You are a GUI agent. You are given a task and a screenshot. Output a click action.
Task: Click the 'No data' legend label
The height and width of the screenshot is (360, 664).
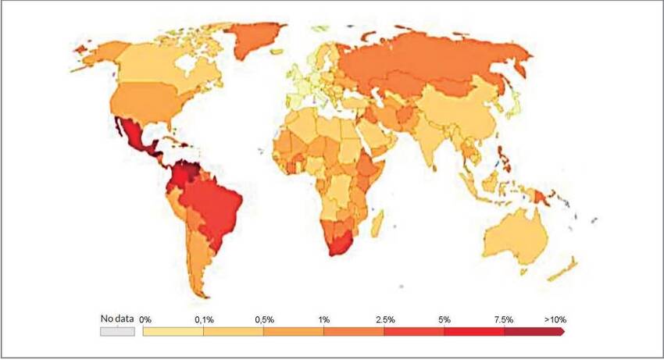(x=117, y=319)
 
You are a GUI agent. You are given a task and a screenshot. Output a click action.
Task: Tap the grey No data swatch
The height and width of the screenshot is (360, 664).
(x=117, y=332)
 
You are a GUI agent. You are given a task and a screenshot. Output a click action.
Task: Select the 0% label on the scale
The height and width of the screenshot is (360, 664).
(x=145, y=319)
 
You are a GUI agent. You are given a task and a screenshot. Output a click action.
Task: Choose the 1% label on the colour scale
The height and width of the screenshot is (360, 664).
(x=324, y=319)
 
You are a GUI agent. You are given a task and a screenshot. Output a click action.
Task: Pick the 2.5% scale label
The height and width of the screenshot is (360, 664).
(x=384, y=319)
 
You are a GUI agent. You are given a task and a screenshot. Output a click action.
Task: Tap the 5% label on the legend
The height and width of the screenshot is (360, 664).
(x=444, y=319)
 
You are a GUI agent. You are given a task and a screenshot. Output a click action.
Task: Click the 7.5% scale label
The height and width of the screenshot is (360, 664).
(x=503, y=319)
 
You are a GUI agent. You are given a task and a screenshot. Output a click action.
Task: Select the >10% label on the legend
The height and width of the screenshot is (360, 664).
(x=555, y=319)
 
